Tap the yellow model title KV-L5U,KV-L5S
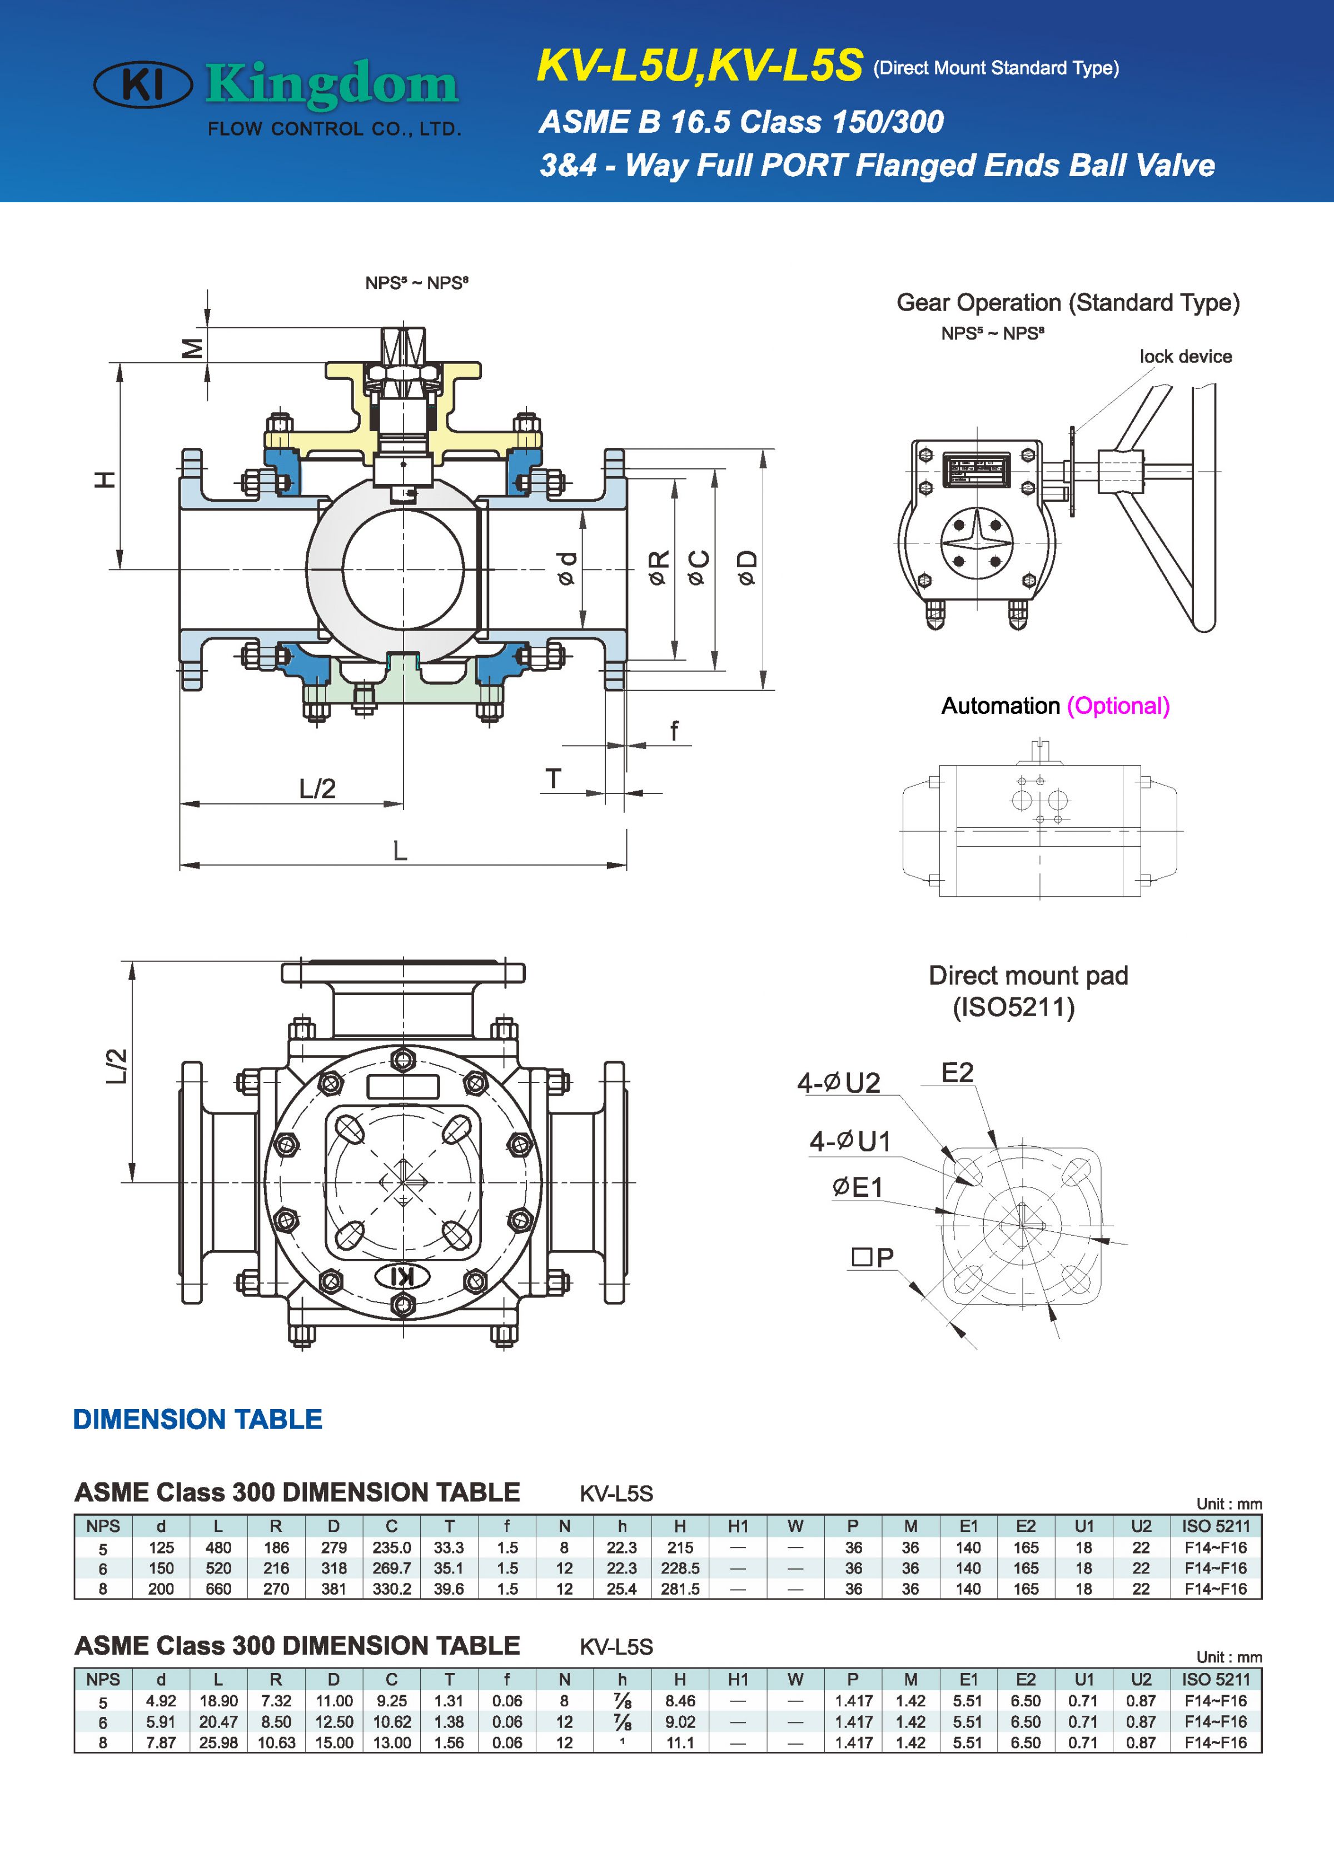pyautogui.click(x=699, y=66)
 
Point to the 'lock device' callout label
pyautogui.click(x=1185, y=356)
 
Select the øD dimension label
pyautogui.click(x=746, y=568)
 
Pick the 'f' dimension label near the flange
pyautogui.click(x=674, y=730)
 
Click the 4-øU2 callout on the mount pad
pyautogui.click(x=838, y=1083)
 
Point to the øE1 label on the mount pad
pyautogui.click(x=857, y=1187)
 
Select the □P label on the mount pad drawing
pyautogui.click(x=873, y=1257)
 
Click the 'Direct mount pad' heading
pyautogui.click(x=1028, y=976)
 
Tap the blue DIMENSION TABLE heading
pyautogui.click(x=197, y=1419)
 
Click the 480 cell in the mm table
pyautogui.click(x=218, y=1547)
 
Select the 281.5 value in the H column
pyautogui.click(x=680, y=1589)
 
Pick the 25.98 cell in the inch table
pyautogui.click(x=218, y=1742)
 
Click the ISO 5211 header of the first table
pyautogui.click(x=1215, y=1526)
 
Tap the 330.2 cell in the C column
pyautogui.click(x=392, y=1589)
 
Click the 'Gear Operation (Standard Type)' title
pyautogui.click(x=1068, y=302)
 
